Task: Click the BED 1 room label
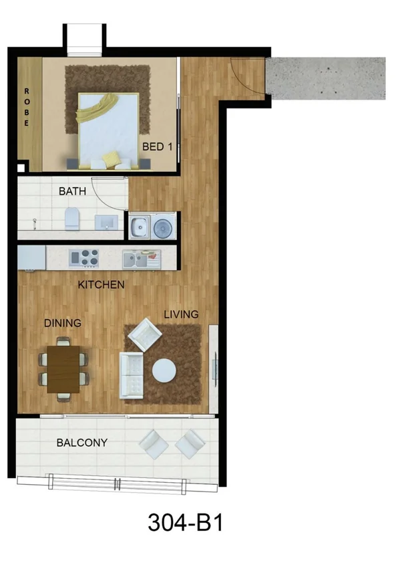(x=158, y=146)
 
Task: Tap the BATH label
(x=73, y=191)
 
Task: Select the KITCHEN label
(x=102, y=285)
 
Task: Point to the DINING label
(x=63, y=323)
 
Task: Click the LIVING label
(x=181, y=314)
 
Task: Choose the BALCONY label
(x=82, y=443)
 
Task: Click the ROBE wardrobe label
(x=26, y=107)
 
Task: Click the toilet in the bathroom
(x=72, y=218)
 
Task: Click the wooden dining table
(x=64, y=369)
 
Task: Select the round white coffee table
(x=164, y=370)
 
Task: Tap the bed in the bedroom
(x=108, y=130)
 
